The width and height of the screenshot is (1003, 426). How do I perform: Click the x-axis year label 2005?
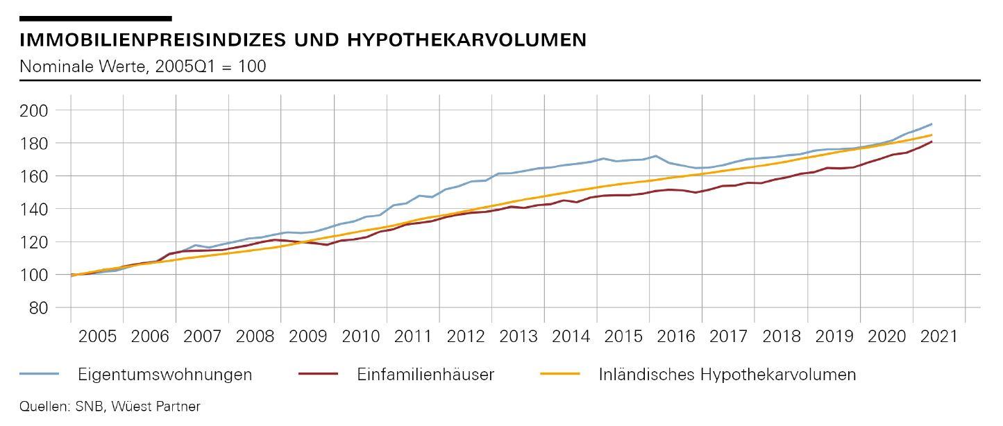(x=97, y=337)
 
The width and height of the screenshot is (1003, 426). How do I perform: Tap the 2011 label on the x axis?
(x=413, y=337)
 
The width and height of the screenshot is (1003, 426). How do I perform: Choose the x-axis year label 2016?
(x=676, y=337)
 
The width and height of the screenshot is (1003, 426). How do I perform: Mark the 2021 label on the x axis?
(x=938, y=337)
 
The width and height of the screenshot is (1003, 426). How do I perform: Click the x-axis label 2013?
(x=519, y=337)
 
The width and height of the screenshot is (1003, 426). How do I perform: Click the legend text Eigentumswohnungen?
(x=165, y=375)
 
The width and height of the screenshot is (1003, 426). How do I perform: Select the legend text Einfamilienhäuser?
(x=425, y=375)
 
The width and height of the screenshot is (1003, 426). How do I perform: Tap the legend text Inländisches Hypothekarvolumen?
(x=727, y=375)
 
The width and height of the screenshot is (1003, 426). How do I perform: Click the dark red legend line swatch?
(x=318, y=375)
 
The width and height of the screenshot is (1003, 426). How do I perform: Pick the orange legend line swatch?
(x=559, y=375)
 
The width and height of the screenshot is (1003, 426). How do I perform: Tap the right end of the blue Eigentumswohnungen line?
(x=932, y=124)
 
